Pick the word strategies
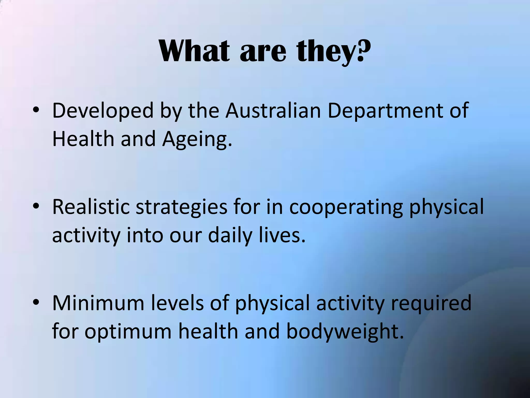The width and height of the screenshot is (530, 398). click(x=181, y=208)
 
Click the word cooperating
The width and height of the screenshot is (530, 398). click(x=346, y=208)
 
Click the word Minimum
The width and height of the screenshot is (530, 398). click(x=98, y=303)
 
